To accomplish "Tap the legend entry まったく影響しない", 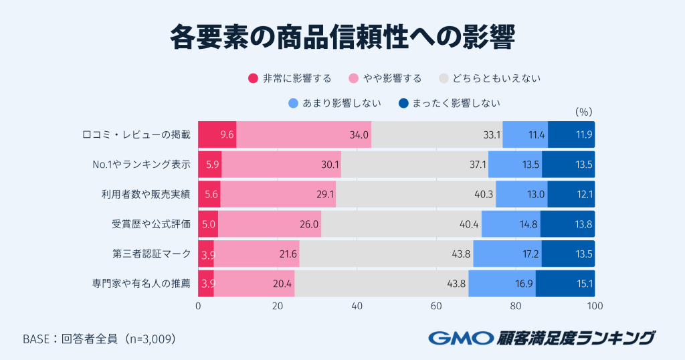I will tap(448, 103).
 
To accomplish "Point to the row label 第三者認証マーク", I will tap(151, 254).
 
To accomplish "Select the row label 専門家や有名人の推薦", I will tap(141, 284).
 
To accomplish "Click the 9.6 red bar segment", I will tap(217, 134).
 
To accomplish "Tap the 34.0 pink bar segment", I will tap(304, 134).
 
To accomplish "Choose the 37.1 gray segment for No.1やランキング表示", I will tap(415, 165).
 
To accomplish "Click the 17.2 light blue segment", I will tap(507, 254).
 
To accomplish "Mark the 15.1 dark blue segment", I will tap(565, 284).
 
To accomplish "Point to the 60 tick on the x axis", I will tap(436, 306).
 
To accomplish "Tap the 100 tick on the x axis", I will tap(594, 306).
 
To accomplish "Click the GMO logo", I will tap(460, 338).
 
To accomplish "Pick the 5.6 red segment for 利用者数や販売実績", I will tap(209, 194).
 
